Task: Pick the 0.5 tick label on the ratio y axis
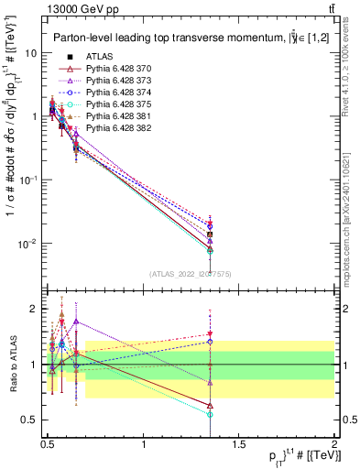(x=28, y=420)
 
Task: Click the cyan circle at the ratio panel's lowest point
(x=210, y=414)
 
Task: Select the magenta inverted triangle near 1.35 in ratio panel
(x=210, y=334)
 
